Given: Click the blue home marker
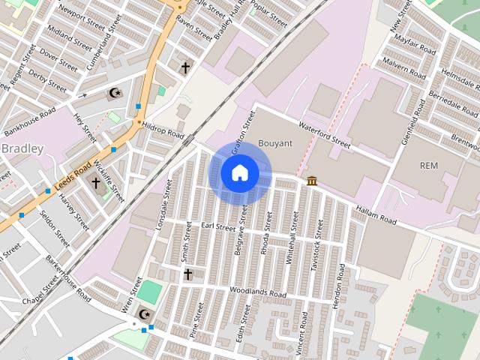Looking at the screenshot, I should pyautogui.click(x=239, y=173).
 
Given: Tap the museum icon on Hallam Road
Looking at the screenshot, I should pyautogui.click(x=311, y=181).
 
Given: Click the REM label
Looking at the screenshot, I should pyautogui.click(x=429, y=165).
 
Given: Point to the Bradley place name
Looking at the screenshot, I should pyautogui.click(x=22, y=148).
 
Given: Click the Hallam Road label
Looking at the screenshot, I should pyautogui.click(x=376, y=215).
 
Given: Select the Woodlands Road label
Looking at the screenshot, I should pyautogui.click(x=259, y=292).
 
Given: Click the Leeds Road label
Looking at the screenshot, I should pyautogui.click(x=73, y=176).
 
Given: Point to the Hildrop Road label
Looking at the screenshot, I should pyautogui.click(x=163, y=130).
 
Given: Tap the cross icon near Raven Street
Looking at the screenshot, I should pyautogui.click(x=185, y=68).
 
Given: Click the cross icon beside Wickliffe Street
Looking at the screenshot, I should pyautogui.click(x=95, y=182).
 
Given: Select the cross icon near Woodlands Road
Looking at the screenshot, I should pyautogui.click(x=187, y=274).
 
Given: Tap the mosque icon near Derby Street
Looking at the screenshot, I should pyautogui.click(x=115, y=94).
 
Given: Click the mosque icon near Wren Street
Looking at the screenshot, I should pyautogui.click(x=145, y=313).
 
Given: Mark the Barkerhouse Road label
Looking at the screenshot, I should pyautogui.click(x=68, y=278).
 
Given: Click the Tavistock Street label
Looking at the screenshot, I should pyautogui.click(x=318, y=256).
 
